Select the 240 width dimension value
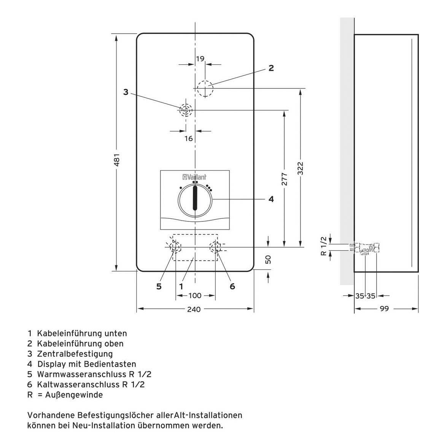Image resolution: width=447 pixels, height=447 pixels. (x=194, y=309)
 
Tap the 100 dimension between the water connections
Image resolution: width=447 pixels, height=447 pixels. (x=195, y=296)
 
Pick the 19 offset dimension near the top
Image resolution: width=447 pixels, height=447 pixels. (x=200, y=59)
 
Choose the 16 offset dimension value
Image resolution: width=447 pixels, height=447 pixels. (x=189, y=138)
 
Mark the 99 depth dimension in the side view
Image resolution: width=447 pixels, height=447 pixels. (x=384, y=309)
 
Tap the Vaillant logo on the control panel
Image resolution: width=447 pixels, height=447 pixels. (x=194, y=177)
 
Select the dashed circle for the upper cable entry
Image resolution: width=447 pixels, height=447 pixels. (x=205, y=89)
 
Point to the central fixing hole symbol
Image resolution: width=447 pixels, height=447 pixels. (x=186, y=110)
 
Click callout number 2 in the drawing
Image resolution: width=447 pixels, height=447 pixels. (x=271, y=68)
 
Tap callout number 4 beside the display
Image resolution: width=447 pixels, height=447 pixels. (x=271, y=199)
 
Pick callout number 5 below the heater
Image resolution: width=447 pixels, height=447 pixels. (x=159, y=286)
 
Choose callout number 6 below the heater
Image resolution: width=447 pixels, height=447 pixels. (x=232, y=286)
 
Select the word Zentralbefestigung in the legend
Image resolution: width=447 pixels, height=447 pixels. (x=75, y=354)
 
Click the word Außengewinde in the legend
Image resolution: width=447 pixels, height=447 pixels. (x=74, y=395)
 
